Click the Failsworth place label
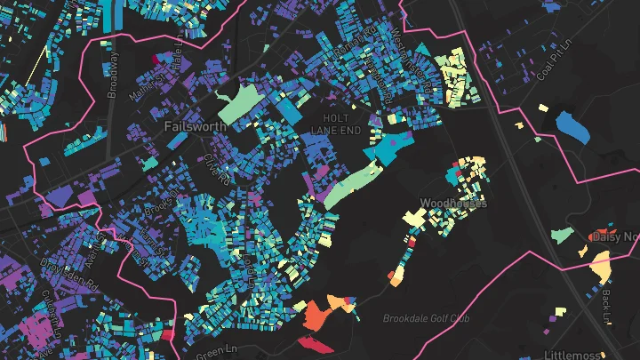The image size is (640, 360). (x=196, y=126)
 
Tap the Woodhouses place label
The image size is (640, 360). (x=453, y=203)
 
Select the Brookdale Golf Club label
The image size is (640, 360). (x=426, y=318)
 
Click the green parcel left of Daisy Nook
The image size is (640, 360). (x=561, y=235)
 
